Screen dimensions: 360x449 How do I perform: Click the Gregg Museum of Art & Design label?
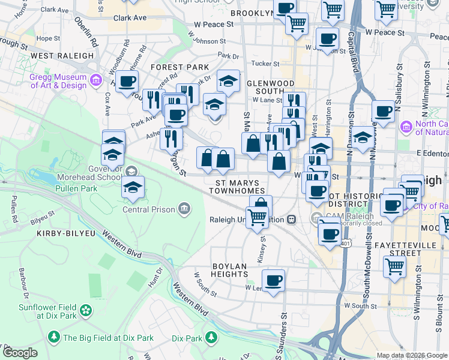tap(57, 81)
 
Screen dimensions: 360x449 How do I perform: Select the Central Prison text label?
tap(148, 209)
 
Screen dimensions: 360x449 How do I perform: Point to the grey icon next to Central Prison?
tap(184, 209)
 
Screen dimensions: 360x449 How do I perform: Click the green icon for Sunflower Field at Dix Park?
tap(86, 310)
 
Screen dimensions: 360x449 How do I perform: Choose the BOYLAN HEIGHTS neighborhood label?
tap(229, 269)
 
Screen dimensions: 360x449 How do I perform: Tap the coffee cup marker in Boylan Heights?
tap(273, 280)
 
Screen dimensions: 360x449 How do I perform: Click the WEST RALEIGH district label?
tap(62, 56)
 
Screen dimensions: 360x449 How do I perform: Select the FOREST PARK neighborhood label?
tap(180, 67)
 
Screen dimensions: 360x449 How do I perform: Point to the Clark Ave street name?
tap(130, 19)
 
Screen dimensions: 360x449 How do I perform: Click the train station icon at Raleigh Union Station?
tap(292, 220)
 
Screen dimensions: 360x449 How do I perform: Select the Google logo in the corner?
tap(20, 353)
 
